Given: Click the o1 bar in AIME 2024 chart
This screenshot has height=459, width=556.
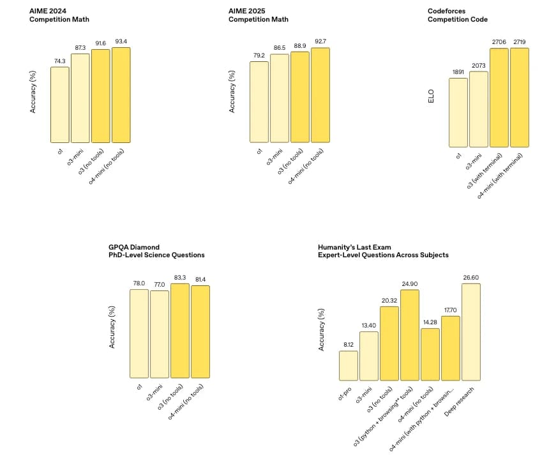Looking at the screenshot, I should tap(59, 105).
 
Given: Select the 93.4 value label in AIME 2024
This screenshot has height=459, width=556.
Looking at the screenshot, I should tap(121, 41).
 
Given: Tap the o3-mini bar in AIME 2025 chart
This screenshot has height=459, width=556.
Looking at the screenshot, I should tap(279, 98).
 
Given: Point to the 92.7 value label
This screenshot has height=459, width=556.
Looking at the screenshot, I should tap(320, 41).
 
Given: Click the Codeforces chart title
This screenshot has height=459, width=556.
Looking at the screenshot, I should tap(457, 15).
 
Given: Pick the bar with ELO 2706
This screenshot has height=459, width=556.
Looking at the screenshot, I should tap(499, 98).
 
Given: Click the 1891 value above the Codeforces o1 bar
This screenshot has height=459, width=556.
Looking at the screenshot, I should tap(458, 72).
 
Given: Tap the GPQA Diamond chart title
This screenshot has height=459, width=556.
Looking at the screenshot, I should tap(156, 250).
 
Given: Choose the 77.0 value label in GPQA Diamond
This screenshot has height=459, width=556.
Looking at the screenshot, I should tap(160, 285).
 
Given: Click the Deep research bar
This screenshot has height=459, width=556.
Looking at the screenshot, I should tap(470, 332).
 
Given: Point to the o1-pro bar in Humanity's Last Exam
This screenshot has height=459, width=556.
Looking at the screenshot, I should tap(348, 365).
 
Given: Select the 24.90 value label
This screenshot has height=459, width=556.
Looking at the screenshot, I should tap(409, 283).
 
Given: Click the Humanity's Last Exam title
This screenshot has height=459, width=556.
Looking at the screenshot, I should tap(383, 250).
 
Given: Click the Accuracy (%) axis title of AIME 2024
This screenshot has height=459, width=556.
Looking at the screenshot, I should tap(33, 95).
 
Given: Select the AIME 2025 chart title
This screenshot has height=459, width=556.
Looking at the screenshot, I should tap(258, 15).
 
